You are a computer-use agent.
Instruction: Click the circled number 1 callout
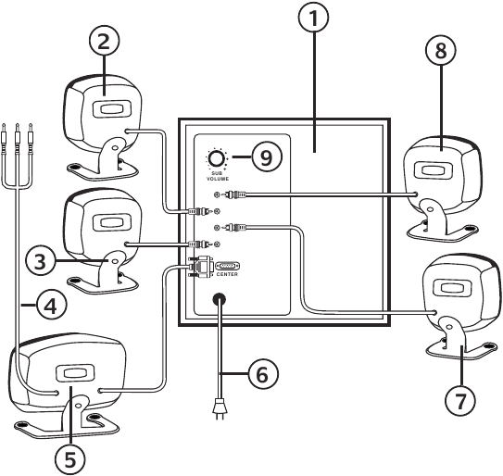coord(313,18)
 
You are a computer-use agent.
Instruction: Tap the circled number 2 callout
coord(104,42)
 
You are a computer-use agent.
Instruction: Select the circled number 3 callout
coord(41,262)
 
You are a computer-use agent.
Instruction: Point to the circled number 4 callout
coord(51,305)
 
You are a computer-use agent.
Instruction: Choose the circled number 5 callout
coord(70,459)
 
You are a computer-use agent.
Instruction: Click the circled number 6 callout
coord(263,374)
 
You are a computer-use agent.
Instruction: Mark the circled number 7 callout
coord(460,401)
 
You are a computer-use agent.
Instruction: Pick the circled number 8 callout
coord(441,50)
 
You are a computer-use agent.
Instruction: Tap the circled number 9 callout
coord(267,157)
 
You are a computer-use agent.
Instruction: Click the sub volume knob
coord(217,159)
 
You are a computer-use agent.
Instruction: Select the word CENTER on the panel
coord(227,274)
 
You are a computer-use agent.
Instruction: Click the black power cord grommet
coord(220,300)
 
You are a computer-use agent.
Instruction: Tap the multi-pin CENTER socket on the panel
coord(228,266)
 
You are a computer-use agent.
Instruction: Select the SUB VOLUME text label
coord(218,176)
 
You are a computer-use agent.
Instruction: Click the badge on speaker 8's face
coord(434,169)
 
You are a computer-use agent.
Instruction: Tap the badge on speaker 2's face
coord(112,108)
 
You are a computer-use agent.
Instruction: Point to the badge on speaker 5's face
coord(75,373)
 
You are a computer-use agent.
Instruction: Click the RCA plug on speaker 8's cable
coord(235,194)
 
